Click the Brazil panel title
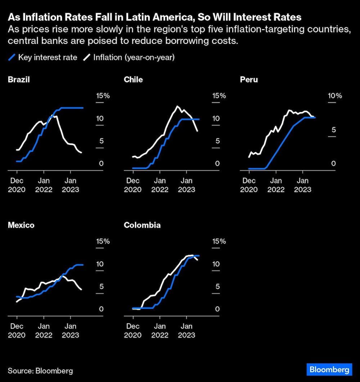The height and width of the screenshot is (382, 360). tap(19, 80)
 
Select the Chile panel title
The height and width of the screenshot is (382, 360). tap(133, 80)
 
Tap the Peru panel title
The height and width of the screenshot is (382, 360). tap(249, 80)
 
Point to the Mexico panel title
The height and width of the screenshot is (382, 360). tap(21, 225)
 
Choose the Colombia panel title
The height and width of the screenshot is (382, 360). tap(142, 225)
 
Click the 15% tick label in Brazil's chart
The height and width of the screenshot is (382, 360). tap(103, 96)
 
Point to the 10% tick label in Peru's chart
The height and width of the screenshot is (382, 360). tap(334, 96)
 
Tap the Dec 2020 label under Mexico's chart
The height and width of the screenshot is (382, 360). tap(17, 331)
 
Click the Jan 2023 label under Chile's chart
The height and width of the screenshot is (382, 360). tap(186, 185)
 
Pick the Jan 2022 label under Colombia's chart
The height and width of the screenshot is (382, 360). tap(160, 331)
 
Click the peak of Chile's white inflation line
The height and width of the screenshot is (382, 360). tap(177, 106)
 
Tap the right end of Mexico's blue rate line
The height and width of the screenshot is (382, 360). tap(83, 265)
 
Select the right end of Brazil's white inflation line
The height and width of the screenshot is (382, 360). tap(81, 153)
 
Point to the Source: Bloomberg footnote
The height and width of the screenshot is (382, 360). tap(40, 370)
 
